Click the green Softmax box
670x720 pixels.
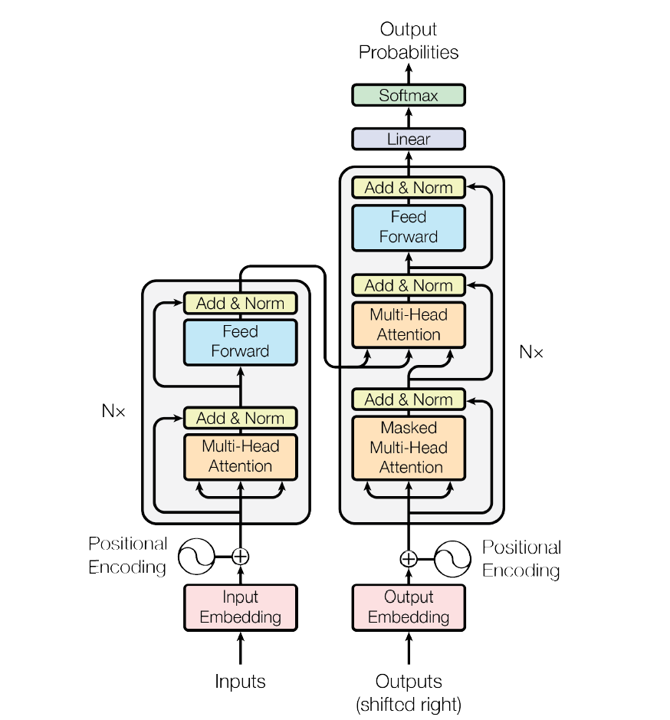(x=409, y=96)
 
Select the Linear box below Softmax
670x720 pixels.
(x=409, y=140)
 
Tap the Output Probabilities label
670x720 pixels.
(x=409, y=41)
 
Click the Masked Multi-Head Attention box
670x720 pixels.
(x=409, y=448)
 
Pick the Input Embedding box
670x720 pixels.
(x=241, y=607)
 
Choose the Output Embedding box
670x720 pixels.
(x=409, y=607)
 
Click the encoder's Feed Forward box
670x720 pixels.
(x=241, y=342)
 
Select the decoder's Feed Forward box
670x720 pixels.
(x=409, y=227)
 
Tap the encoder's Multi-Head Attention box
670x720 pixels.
(x=241, y=456)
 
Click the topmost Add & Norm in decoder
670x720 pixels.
(x=409, y=188)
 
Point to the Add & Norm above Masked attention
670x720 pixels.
(x=409, y=399)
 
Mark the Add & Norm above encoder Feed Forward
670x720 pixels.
(x=241, y=304)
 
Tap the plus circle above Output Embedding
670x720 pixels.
(x=409, y=558)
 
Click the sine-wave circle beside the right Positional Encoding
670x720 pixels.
(x=452, y=558)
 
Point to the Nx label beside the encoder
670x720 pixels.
(x=113, y=411)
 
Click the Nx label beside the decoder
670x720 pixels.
(x=530, y=352)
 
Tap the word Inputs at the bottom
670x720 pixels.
(x=241, y=681)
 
